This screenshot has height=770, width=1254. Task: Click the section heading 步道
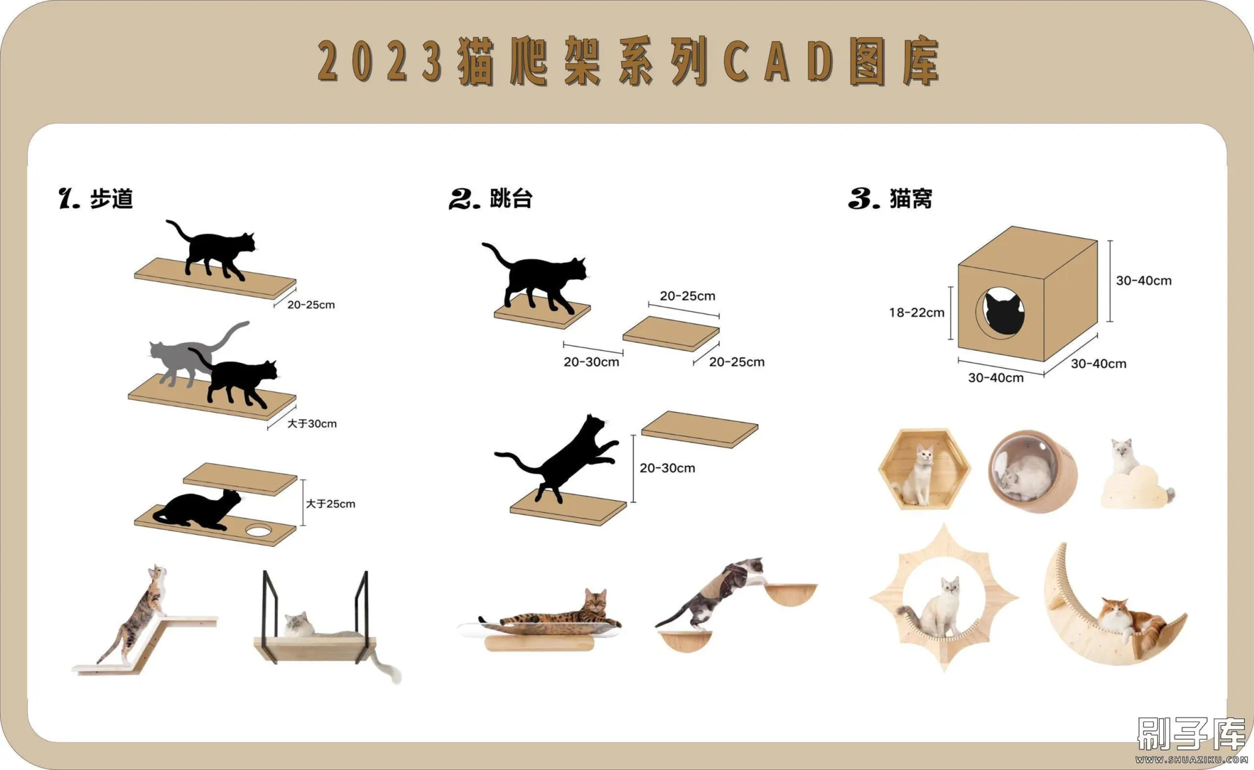click(111, 199)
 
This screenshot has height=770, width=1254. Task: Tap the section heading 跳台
click(511, 198)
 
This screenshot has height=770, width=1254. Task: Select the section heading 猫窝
click(911, 199)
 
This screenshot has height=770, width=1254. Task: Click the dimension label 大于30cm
click(312, 424)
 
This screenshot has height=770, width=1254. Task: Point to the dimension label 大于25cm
click(331, 504)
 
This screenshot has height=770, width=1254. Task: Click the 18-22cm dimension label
click(917, 313)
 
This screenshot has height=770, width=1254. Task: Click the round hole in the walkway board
click(258, 530)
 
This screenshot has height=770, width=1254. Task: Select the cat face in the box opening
click(1004, 313)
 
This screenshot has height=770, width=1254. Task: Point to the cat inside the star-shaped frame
click(934, 608)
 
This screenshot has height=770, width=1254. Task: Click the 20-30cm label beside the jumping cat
click(667, 468)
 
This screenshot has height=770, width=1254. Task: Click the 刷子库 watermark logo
click(1191, 734)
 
